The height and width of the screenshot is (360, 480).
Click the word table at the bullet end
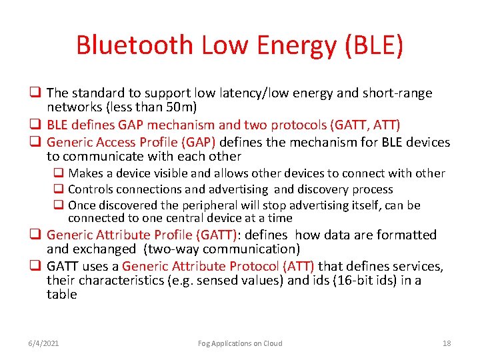(x=61, y=294)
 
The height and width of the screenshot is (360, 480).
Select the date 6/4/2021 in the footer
(x=43, y=343)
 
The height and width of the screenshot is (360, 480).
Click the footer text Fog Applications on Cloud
(x=240, y=343)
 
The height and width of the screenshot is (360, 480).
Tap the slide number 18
(x=446, y=343)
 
